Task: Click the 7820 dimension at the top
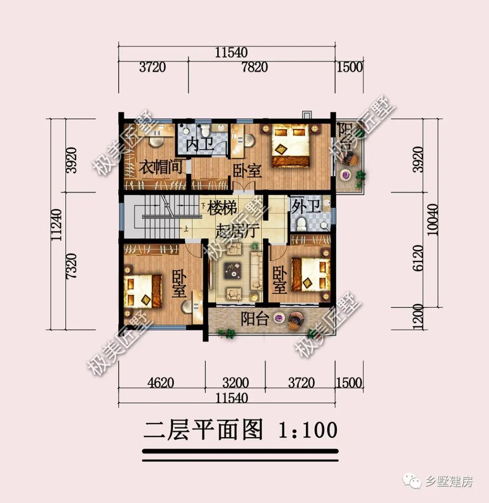254,67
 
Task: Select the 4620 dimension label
161,383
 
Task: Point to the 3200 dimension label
236,383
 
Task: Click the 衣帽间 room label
160,168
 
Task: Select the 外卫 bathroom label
305,207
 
